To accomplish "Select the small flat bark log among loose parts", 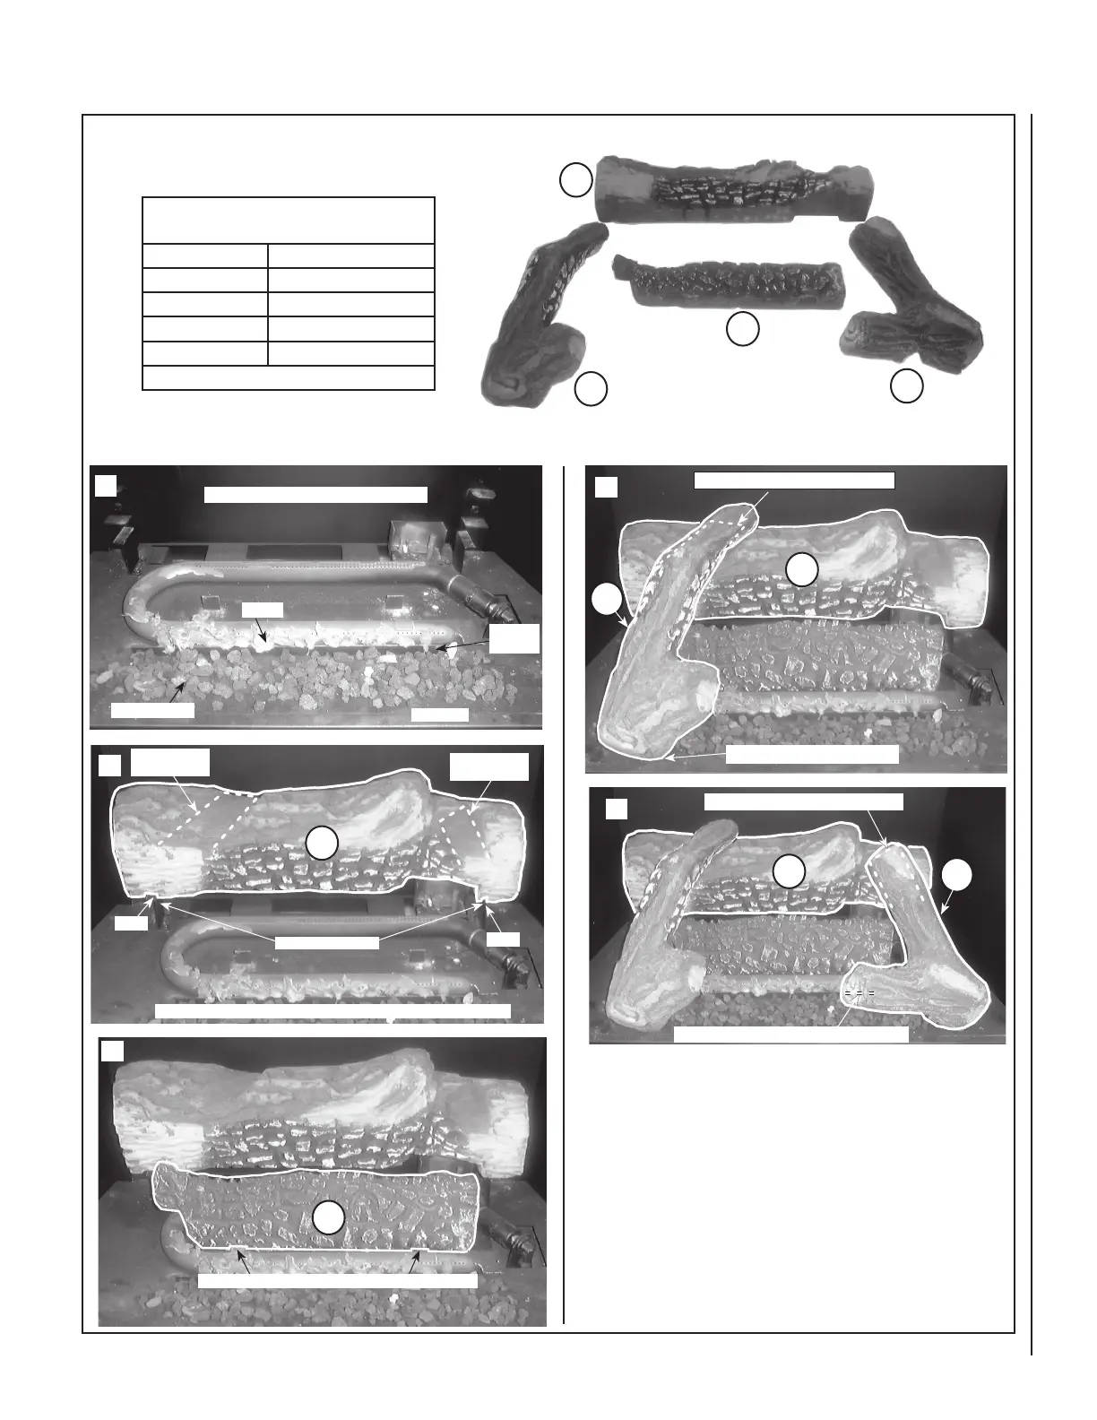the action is point(728,283).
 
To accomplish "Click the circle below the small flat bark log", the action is point(743,329).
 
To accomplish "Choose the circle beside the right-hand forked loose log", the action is point(906,385).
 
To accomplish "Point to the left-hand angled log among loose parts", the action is point(538,314).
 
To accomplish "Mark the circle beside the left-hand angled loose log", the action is point(591,389).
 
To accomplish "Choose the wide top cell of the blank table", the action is point(289,220).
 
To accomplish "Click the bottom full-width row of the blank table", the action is point(289,377).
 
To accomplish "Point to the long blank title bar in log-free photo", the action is point(315,494).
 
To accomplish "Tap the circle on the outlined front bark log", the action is point(329,1217).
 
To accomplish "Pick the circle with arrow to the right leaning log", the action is point(957,876).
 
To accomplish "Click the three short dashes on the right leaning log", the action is point(859,994).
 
